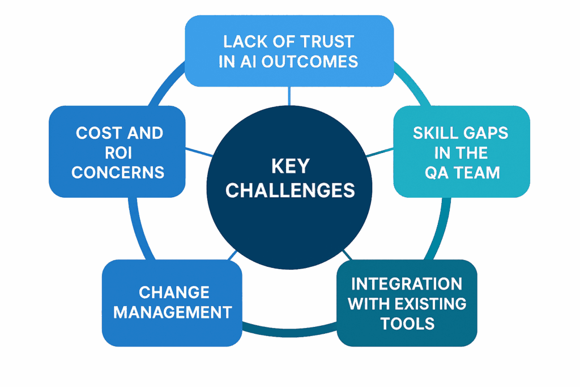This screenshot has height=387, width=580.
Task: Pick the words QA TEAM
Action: pyautogui.click(x=462, y=172)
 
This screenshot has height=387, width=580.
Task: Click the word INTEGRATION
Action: pyautogui.click(x=407, y=283)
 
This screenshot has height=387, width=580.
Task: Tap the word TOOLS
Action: pyautogui.click(x=407, y=323)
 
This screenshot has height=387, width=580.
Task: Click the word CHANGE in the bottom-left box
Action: pyautogui.click(x=174, y=292)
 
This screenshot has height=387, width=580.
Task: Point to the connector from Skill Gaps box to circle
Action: pyautogui.click(x=379, y=152)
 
